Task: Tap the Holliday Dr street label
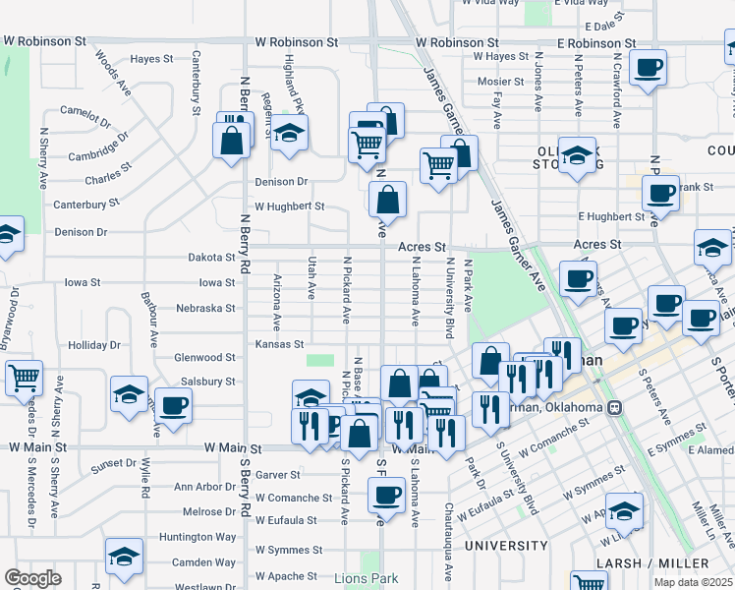click(94, 345)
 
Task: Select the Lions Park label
click(364, 578)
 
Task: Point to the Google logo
click(32, 578)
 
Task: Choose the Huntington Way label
click(212, 537)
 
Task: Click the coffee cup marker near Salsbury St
click(174, 405)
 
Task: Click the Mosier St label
click(501, 82)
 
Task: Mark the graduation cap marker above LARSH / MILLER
click(624, 511)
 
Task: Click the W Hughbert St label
click(289, 206)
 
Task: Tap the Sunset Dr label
click(114, 462)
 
